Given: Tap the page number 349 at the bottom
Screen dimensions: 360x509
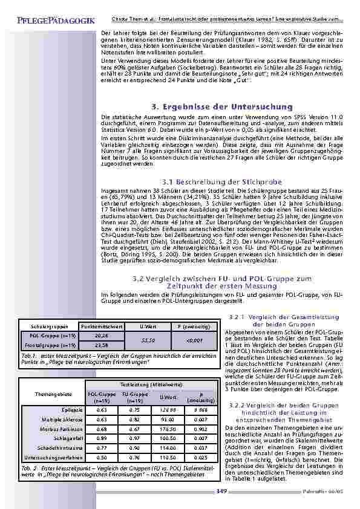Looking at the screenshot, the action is coord(221,491).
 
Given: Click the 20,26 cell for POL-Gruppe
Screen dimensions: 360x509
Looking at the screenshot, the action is coord(102,335).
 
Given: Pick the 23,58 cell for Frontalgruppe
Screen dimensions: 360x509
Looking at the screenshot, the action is coord(102,345).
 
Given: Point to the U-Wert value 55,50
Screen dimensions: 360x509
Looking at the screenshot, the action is coord(148,340).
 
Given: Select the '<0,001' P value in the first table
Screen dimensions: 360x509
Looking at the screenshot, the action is coord(194,340).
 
